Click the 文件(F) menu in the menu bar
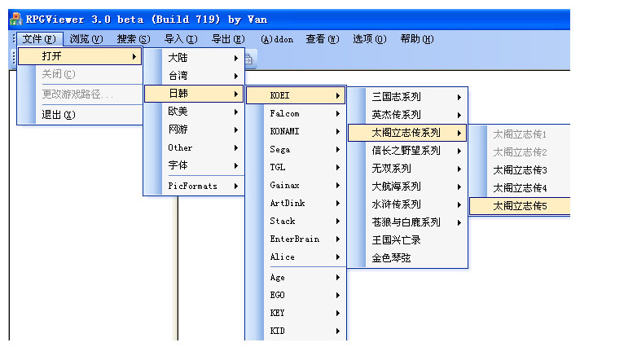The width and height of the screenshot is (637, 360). pos(39,38)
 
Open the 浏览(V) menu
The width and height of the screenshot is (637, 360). pos(86,38)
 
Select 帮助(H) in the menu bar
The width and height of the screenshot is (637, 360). pos(416,38)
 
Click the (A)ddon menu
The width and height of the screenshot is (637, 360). pos(277,38)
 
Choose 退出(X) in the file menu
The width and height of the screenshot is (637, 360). pos(58,115)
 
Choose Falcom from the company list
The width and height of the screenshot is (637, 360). pos(284,114)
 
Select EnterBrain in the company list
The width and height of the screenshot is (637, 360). pos(294,239)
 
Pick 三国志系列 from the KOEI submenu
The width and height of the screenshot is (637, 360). pos(397,96)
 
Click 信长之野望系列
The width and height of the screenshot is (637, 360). pos(406,151)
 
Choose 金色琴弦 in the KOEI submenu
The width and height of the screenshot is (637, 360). pos(391,258)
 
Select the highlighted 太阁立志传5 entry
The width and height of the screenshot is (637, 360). pos(520,207)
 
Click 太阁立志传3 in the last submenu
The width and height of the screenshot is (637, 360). pos(520,170)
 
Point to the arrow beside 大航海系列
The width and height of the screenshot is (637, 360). pos(459,187)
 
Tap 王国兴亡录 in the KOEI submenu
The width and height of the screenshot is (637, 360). pos(396,240)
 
